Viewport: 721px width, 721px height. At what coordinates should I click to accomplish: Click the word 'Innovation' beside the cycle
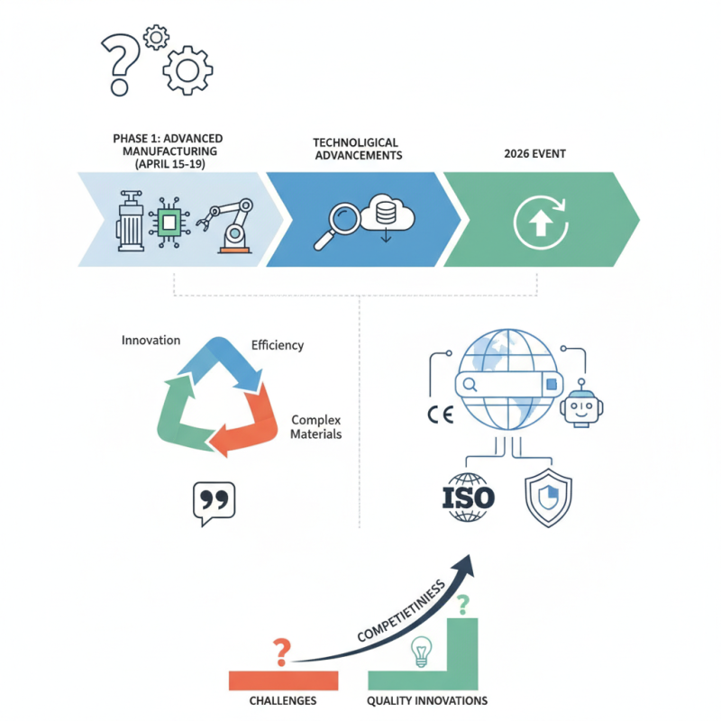coord(151,341)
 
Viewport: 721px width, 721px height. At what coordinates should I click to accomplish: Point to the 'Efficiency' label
coord(277,345)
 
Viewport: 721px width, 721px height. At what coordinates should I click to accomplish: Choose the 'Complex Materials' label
coord(315,427)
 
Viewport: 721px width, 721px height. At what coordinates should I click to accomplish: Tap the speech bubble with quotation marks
coord(214,502)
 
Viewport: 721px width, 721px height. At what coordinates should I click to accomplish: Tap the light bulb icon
coord(420,651)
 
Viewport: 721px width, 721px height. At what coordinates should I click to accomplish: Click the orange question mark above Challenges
coord(283,649)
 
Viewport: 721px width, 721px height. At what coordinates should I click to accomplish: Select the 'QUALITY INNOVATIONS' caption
coord(427,700)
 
